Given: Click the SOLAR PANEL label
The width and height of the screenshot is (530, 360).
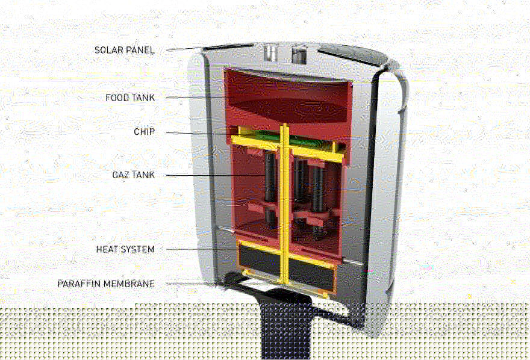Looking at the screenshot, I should coord(124,50).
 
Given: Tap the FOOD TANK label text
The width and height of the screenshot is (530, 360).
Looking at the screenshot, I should coord(130,98).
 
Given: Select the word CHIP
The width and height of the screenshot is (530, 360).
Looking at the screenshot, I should coord(145,132).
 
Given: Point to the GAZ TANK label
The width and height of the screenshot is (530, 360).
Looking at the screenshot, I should coord(133,175).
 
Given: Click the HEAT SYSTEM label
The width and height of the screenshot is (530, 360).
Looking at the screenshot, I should coord(125,249).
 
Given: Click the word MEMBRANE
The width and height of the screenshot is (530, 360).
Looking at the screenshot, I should coord(130,284).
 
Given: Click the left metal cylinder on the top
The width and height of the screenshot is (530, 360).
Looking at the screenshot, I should coord(271,53).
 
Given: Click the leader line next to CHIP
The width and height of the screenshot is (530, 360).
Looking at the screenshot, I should coord(199,132).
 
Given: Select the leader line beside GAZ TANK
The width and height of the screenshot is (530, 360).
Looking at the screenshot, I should coord(211,175).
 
